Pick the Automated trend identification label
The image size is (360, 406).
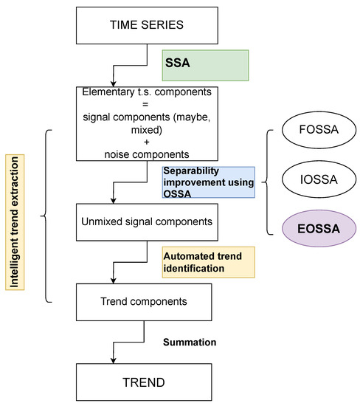click(208, 262)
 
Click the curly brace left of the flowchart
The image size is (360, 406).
click(45, 217)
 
